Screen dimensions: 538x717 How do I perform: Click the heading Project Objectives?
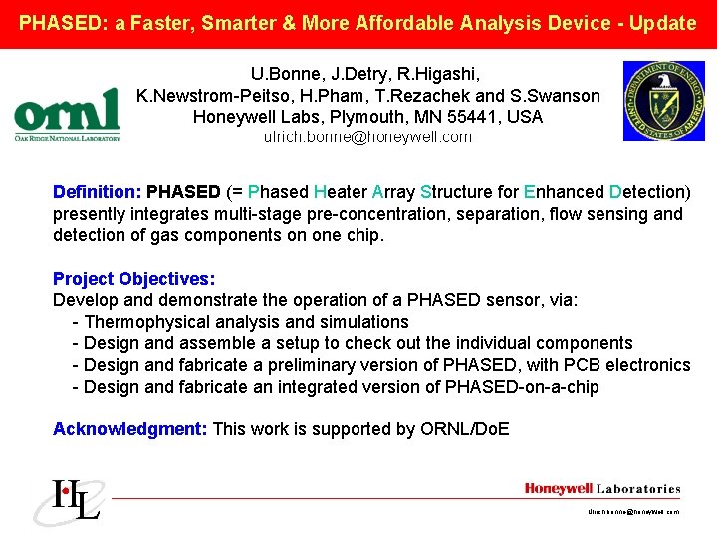tap(133, 279)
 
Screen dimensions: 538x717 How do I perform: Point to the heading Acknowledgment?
tap(129, 429)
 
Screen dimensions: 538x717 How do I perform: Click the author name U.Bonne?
tap(281, 74)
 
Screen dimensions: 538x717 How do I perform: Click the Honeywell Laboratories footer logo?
tap(602, 488)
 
